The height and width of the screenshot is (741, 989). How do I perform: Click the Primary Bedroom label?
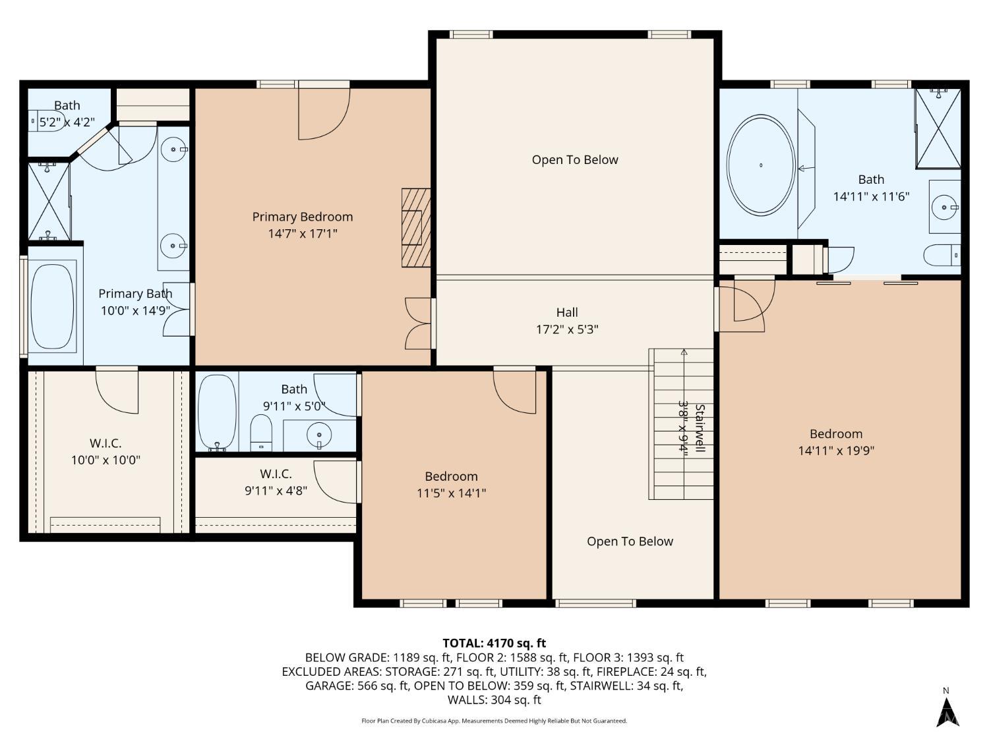[x=302, y=217]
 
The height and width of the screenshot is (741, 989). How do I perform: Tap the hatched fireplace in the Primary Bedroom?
[x=415, y=227]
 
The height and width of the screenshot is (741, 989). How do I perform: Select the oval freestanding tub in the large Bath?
[x=761, y=165]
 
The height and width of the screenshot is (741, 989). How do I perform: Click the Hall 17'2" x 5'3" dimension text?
[x=566, y=329]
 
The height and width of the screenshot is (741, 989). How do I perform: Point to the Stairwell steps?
[x=682, y=425]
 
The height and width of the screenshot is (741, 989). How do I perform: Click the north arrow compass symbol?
[x=947, y=709]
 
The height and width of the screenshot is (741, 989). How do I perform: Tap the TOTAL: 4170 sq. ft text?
[x=494, y=643]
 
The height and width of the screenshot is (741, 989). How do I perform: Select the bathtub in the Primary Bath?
[x=53, y=306]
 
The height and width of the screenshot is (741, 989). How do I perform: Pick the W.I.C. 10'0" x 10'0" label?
[x=105, y=452]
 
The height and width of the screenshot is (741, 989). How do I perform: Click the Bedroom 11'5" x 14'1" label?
[x=451, y=484]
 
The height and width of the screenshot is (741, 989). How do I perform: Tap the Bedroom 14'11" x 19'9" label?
[x=836, y=442]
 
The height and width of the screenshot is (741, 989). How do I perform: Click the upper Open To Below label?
[x=575, y=159]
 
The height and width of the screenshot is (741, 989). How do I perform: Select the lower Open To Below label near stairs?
[x=630, y=541]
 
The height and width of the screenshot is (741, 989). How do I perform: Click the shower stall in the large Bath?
[x=938, y=128]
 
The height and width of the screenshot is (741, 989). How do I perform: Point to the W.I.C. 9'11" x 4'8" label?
[x=276, y=481]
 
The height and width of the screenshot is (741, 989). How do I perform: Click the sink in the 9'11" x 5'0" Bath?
[x=320, y=435]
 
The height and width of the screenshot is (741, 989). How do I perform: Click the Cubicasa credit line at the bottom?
[x=494, y=721]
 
